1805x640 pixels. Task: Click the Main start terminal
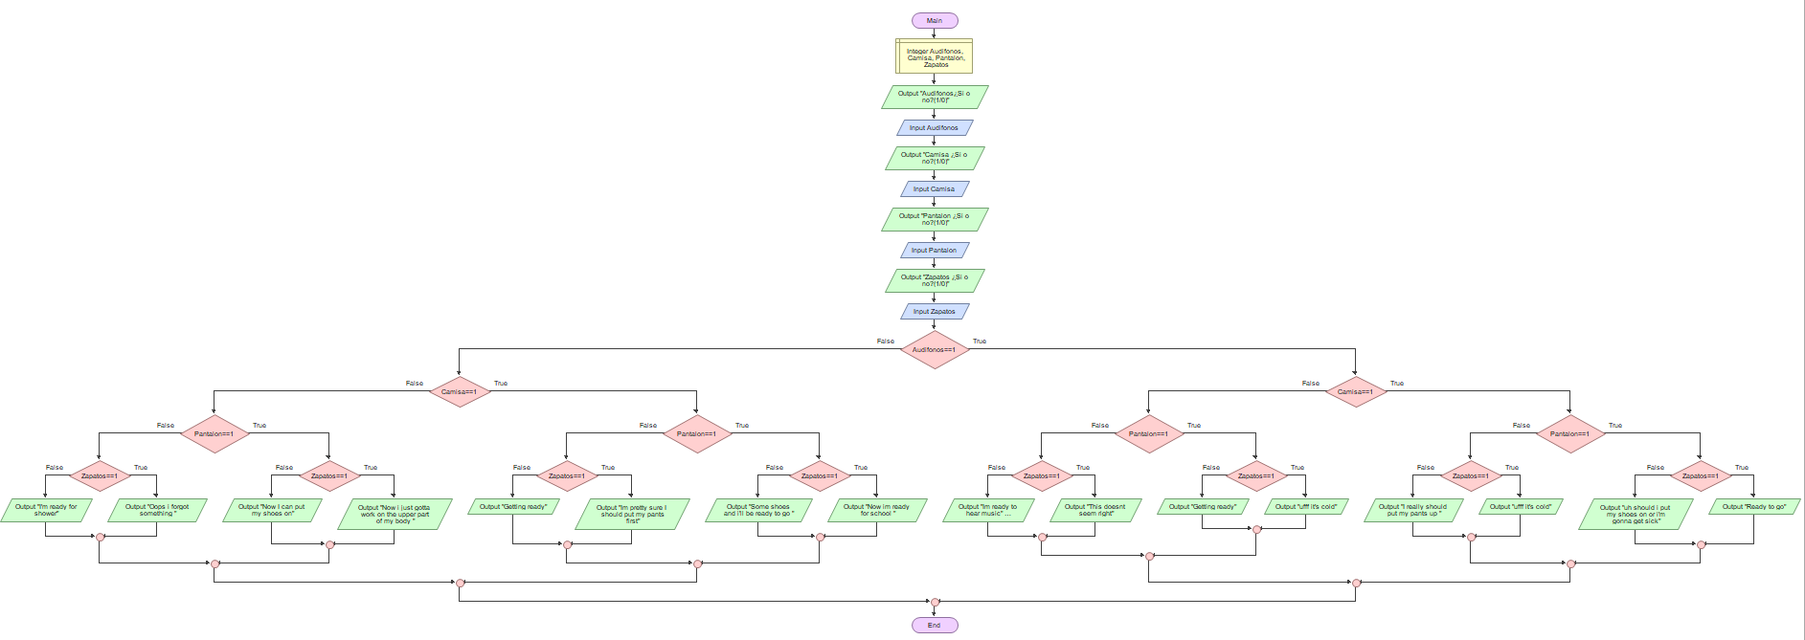click(x=935, y=20)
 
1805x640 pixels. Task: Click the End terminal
click(x=935, y=625)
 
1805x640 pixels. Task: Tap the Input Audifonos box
click(x=935, y=127)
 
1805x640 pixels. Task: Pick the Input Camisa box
click(x=935, y=188)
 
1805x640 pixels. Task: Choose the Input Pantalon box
click(x=935, y=250)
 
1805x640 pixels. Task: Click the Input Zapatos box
click(x=935, y=311)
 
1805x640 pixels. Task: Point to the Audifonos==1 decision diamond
click(x=935, y=349)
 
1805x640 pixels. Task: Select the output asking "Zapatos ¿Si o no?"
click(x=935, y=280)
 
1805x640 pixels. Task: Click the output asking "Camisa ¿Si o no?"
click(x=935, y=158)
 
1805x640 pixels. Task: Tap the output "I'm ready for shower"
click(x=46, y=510)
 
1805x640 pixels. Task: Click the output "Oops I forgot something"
click(x=157, y=510)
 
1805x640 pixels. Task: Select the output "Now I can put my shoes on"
click(x=272, y=510)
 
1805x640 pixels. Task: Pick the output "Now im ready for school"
click(x=877, y=510)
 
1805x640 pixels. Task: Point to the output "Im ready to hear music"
click(x=988, y=510)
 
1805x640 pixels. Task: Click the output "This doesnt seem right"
click(x=1095, y=510)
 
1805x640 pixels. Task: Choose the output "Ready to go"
click(x=1754, y=507)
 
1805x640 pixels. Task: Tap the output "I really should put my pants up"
click(x=1413, y=510)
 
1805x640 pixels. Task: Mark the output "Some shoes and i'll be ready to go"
click(x=758, y=510)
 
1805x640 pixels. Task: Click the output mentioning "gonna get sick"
click(x=1636, y=514)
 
